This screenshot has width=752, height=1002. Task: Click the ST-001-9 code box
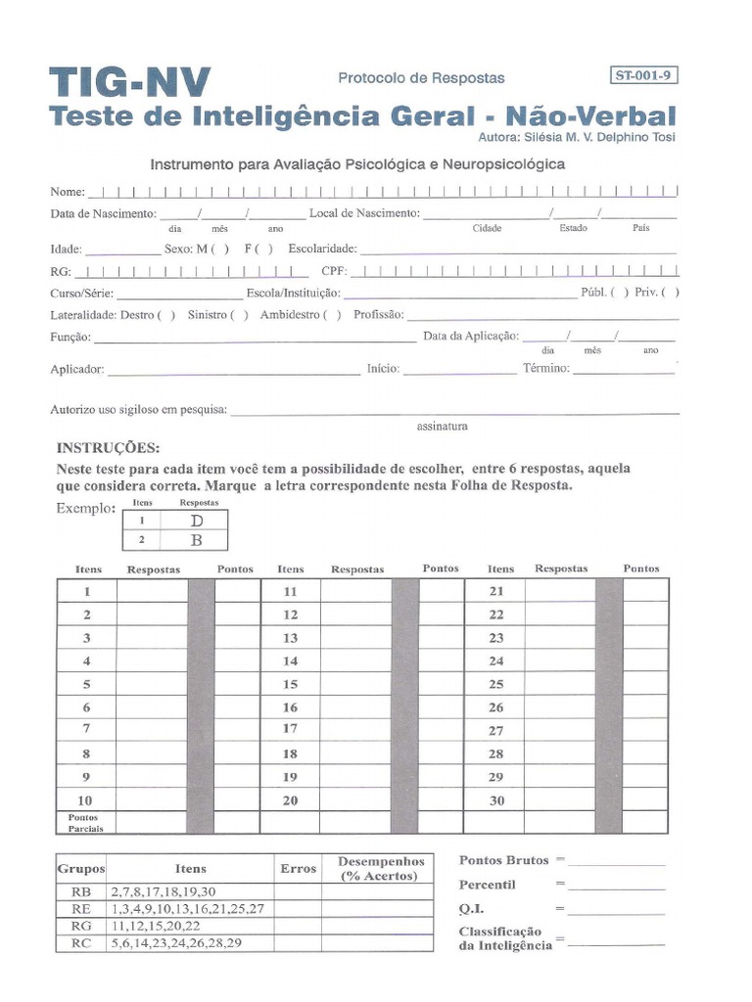coord(643,74)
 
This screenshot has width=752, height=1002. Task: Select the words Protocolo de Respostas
coord(421,77)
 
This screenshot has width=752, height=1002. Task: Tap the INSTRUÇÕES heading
coord(108,448)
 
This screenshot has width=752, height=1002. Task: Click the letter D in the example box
coord(196,522)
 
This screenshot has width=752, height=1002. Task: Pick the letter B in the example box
coord(196,539)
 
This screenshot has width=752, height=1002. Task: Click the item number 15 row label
coord(290,685)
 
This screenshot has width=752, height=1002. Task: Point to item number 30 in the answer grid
coord(496,800)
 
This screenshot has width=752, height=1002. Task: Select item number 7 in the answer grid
coord(87,729)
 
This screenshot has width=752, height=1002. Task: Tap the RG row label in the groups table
coord(81,926)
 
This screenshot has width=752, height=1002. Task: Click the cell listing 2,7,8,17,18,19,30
coord(164,891)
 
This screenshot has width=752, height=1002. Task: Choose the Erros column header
coord(298,868)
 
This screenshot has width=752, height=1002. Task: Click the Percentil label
coord(488,885)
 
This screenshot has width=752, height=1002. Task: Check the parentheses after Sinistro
coord(239,315)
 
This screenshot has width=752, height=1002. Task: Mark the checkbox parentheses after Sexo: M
coord(221,249)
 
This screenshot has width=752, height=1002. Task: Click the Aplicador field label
coord(76,370)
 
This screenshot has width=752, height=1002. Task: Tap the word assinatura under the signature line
coord(443,427)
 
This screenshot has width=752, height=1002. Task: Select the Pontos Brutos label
coord(503,860)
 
